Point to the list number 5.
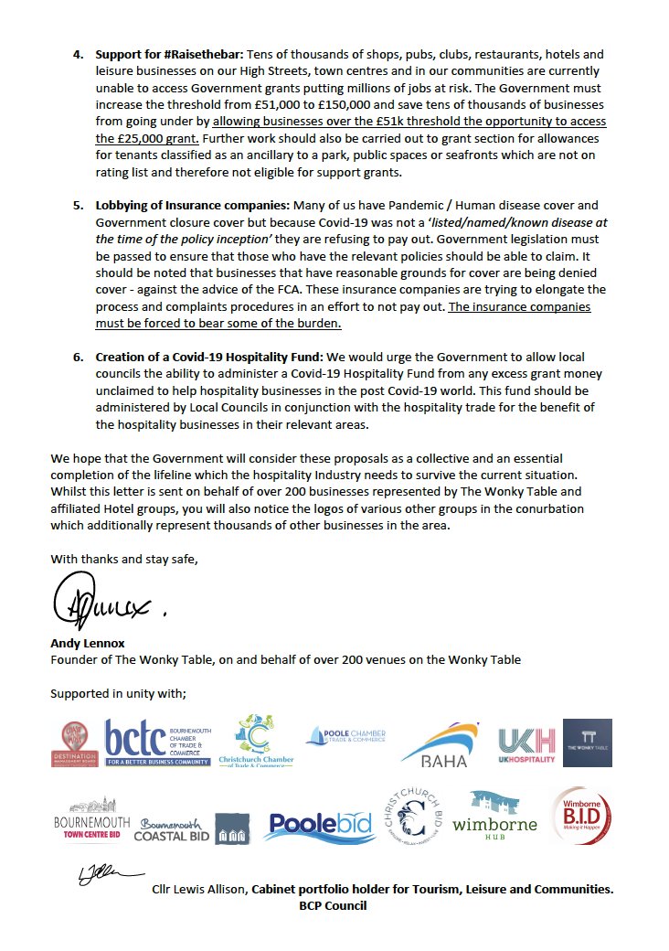[78, 207]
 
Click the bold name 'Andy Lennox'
[88, 643]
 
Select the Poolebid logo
[320, 826]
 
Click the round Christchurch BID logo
[420, 817]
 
